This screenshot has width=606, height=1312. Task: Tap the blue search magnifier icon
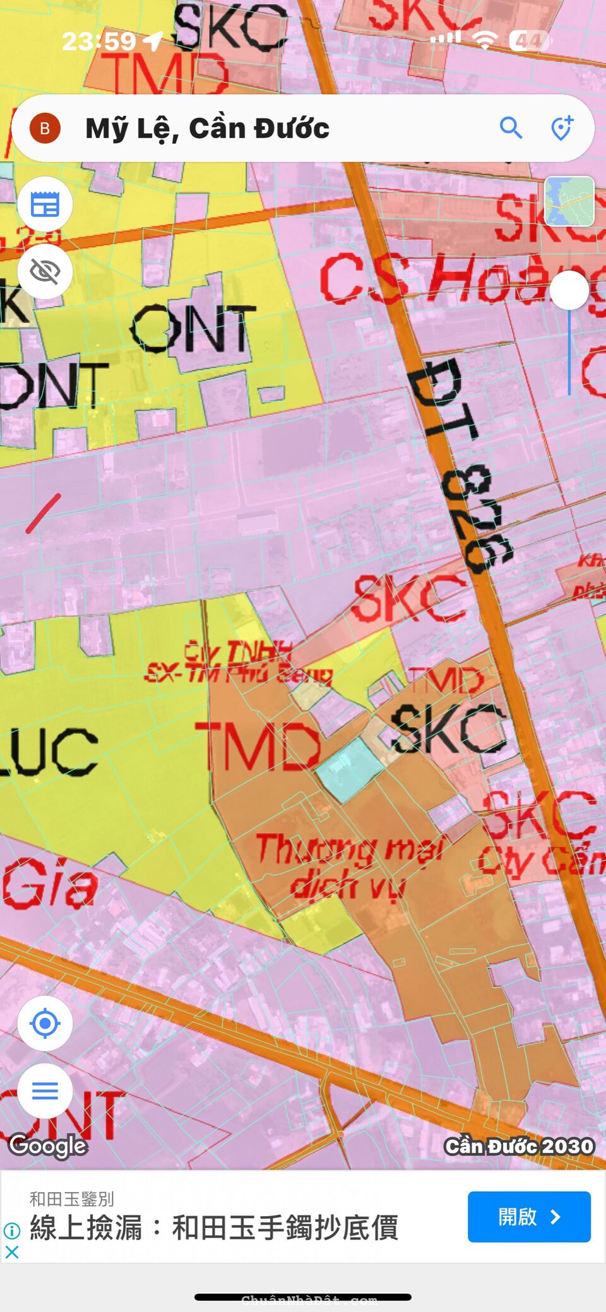tap(511, 128)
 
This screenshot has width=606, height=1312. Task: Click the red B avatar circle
tap(45, 129)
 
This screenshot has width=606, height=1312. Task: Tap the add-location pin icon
tap(561, 128)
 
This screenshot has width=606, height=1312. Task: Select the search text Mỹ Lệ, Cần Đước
tap(207, 129)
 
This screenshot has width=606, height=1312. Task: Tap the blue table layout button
tap(45, 204)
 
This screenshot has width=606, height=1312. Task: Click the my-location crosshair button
tap(45, 1024)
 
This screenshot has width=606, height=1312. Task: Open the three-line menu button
tap(45, 1090)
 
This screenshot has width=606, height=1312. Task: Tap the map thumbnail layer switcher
tap(569, 201)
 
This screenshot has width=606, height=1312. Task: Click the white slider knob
tap(569, 290)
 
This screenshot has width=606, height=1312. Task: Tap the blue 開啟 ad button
tap(529, 1217)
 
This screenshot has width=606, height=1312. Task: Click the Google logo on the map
tap(48, 1145)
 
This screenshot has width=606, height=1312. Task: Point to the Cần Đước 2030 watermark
tap(519, 1146)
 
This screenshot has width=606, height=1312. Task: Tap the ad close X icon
tap(11, 1252)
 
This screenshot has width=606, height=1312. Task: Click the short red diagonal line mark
tap(44, 513)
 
